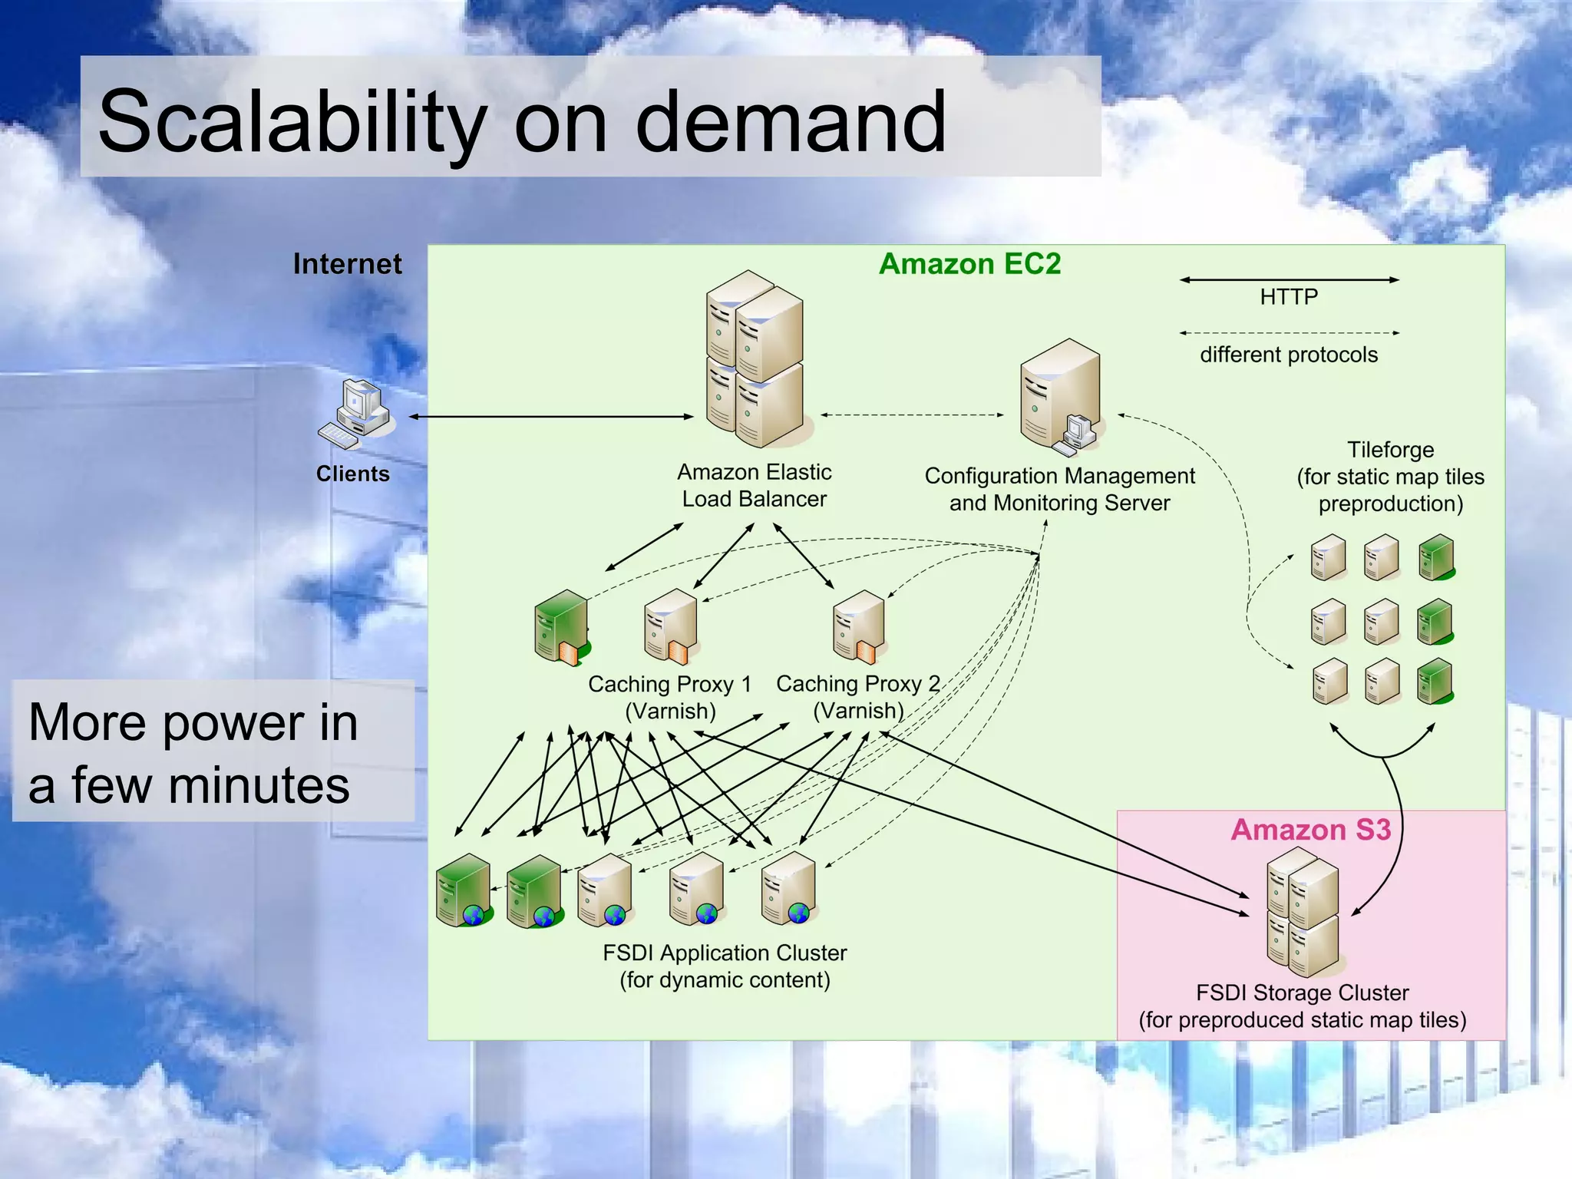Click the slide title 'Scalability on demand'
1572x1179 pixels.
coord(522,121)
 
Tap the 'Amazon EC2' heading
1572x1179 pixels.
coord(969,264)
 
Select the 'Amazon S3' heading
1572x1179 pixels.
coord(1310,830)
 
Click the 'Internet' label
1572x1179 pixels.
coord(347,264)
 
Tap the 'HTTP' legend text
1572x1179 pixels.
coord(1289,297)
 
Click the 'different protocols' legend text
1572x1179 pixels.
coord(1289,355)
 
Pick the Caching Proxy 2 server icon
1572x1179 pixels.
coord(860,626)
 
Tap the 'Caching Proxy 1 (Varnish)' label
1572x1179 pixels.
coord(670,697)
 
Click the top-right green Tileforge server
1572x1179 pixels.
coord(1435,557)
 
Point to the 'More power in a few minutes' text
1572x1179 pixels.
coord(193,753)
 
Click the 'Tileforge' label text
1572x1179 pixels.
coord(1390,450)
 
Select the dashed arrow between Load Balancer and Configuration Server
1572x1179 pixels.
coord(912,415)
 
